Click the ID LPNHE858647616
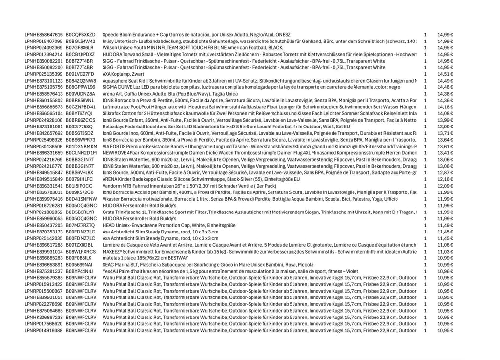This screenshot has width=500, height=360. point(43,35)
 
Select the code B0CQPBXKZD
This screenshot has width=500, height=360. point(81,35)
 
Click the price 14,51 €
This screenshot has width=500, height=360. point(445,74)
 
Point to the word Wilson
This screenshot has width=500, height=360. point(109,48)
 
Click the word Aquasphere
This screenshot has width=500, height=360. point(115,81)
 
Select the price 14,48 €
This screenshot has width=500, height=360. point(445,87)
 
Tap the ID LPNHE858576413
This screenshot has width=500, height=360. point(43,94)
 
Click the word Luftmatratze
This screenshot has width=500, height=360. point(116,107)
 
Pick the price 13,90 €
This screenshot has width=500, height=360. point(445,127)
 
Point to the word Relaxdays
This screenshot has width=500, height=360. point(113,127)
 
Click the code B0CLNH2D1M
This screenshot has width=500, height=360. point(81,153)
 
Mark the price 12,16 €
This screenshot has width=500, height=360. point(445,179)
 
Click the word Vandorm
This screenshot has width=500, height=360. point(111,186)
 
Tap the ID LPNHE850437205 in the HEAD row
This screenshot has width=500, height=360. point(43,225)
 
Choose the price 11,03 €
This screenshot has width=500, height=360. point(445,251)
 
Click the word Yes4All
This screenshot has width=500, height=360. point(110,271)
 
